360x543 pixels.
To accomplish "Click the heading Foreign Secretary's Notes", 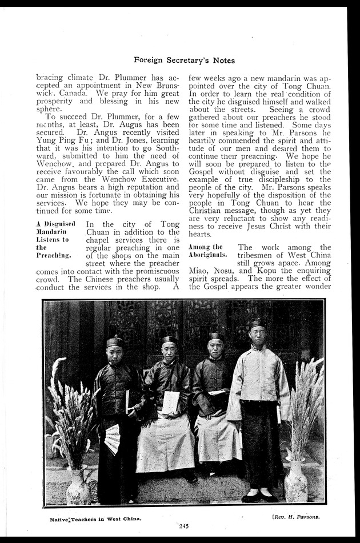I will (184, 59).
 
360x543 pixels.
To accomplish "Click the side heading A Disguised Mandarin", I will (55, 229).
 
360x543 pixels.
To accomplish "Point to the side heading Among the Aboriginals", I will (207, 251).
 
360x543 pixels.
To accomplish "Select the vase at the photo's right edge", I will (296, 481).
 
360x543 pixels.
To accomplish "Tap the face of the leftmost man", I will (115, 355).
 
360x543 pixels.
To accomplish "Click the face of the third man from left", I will (215, 348).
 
